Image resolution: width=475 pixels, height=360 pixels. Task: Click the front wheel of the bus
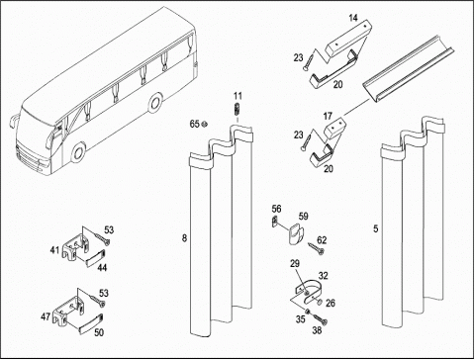[78, 152]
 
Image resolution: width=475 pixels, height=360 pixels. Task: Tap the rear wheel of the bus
[154, 103]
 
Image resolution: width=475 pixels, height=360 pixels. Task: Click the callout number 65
[194, 124]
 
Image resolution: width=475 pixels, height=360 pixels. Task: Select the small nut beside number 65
[204, 124]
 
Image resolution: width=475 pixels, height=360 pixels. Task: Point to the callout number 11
[237, 96]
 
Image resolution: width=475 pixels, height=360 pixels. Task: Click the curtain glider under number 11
[237, 109]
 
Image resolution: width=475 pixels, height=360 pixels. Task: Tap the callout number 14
[353, 18]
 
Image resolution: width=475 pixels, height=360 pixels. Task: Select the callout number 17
[328, 116]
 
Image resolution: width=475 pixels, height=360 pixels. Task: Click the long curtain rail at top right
[409, 68]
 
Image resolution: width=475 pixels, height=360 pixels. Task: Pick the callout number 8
[184, 237]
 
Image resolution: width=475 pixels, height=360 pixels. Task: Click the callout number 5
[376, 228]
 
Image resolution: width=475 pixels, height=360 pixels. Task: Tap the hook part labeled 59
[295, 233]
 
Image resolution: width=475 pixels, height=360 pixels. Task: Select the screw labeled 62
[317, 248]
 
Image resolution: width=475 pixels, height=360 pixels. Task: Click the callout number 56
[276, 209]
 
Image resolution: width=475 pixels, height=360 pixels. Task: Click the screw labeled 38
[321, 318]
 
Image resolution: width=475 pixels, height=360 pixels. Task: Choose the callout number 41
[54, 250]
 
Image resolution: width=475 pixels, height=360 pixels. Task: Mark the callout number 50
[99, 332]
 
